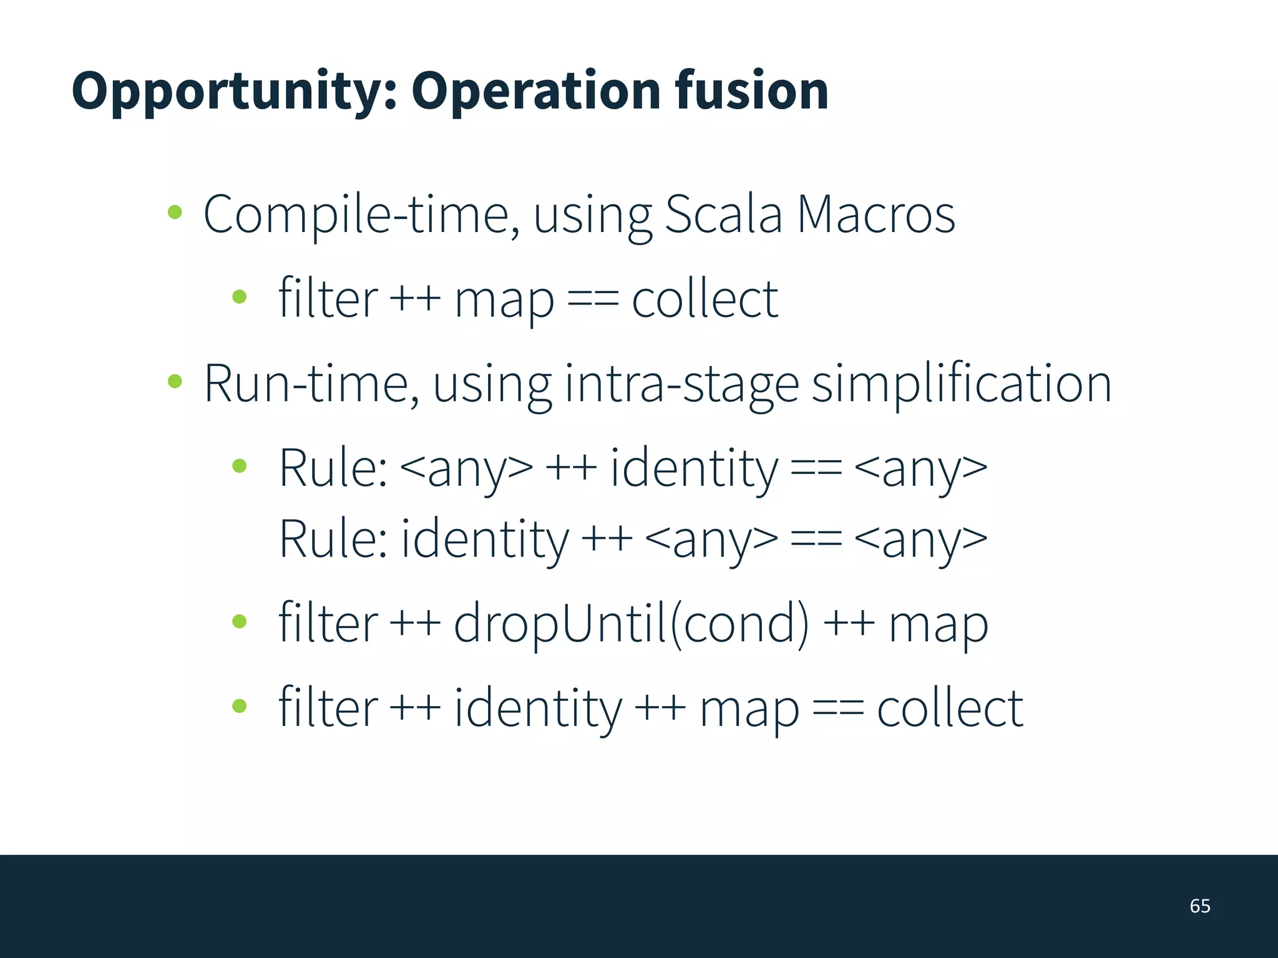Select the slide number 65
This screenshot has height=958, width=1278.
(x=1200, y=906)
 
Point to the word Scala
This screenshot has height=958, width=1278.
(x=723, y=215)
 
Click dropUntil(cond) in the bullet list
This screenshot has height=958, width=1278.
(x=631, y=623)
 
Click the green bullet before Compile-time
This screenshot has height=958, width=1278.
(x=175, y=212)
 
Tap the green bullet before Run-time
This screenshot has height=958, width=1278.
(x=175, y=380)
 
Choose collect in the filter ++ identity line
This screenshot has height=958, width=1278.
(x=950, y=708)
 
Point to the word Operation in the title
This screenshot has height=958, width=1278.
(x=535, y=92)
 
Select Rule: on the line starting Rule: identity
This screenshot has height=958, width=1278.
(x=333, y=538)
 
